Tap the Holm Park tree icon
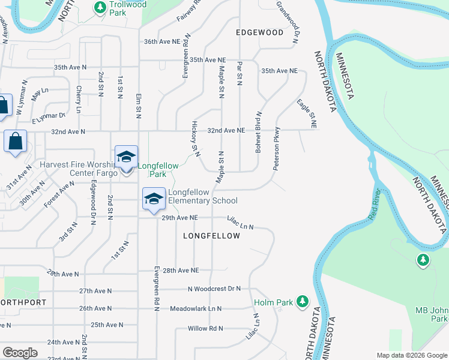pyautogui.click(x=303, y=300)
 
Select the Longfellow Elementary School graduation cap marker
pyautogui.click(x=154, y=199)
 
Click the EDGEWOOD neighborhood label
pyautogui.click(x=259, y=32)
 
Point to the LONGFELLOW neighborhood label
pyautogui.click(x=211, y=236)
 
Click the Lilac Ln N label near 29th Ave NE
pyautogui.click(x=240, y=223)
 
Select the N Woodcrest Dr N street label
pyautogui.click(x=214, y=289)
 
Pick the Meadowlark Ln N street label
pyautogui.click(x=196, y=308)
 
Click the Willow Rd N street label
pyautogui.click(x=205, y=328)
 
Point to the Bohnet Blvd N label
pyautogui.click(x=258, y=131)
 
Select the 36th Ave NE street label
pyautogui.click(x=162, y=42)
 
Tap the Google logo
pyautogui.click(x=20, y=353)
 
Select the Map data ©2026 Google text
pyautogui.click(x=412, y=355)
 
